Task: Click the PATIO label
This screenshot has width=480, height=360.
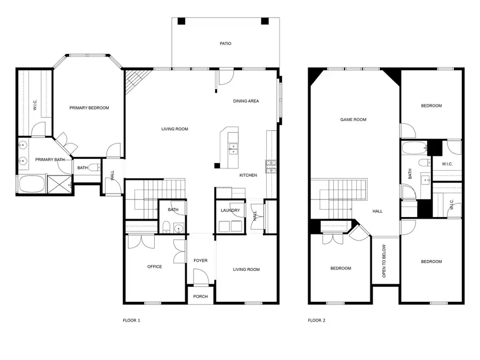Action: (226, 44)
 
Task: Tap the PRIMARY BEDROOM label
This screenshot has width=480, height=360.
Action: (89, 108)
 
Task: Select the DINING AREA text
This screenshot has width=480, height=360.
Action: (246, 101)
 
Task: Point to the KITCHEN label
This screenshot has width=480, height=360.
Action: (248, 175)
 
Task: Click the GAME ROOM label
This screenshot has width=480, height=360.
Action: (353, 120)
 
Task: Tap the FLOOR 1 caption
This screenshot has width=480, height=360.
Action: (131, 321)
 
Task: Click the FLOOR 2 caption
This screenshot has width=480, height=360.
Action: (316, 321)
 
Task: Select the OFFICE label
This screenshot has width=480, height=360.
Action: (155, 267)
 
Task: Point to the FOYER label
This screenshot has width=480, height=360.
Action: (201, 260)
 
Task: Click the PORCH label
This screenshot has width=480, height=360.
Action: (201, 297)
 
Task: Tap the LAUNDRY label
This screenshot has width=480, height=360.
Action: (230, 210)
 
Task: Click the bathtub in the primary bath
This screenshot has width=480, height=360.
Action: (31, 185)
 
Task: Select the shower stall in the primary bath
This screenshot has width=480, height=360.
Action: (59, 184)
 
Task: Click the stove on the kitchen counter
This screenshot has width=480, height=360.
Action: (270, 166)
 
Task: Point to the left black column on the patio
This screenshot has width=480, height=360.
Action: (181, 21)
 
